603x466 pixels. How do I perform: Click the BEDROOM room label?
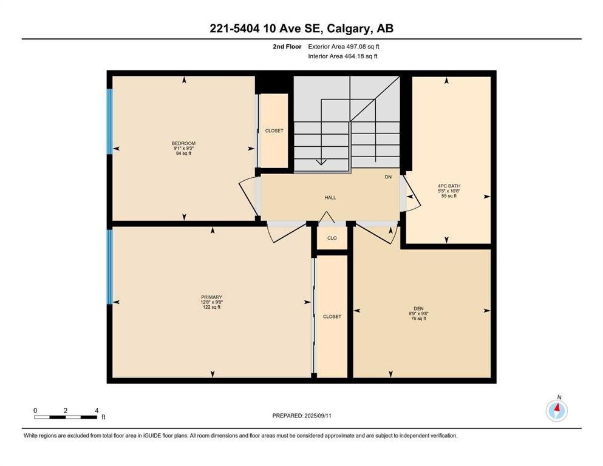(x=183, y=143)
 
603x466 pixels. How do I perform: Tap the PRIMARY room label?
(x=211, y=297)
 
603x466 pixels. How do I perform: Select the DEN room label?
(x=418, y=308)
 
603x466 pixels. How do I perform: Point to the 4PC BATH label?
(x=449, y=186)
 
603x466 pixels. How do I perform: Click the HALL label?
(x=330, y=197)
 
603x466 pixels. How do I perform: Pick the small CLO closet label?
(x=332, y=238)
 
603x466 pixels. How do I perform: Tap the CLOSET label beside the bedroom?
(x=274, y=130)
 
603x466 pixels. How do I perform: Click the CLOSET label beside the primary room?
(x=332, y=317)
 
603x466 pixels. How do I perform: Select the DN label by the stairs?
(x=388, y=177)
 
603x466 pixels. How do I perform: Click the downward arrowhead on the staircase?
(x=321, y=162)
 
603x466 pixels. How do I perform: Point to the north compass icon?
(x=556, y=410)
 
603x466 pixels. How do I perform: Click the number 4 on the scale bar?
(x=97, y=410)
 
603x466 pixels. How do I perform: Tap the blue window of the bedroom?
(x=109, y=121)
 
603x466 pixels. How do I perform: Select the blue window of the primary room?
(x=109, y=266)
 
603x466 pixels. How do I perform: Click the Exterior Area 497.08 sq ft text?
(x=344, y=47)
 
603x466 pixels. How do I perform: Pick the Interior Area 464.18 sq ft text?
(x=342, y=56)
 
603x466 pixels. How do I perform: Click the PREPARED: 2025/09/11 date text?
(x=301, y=416)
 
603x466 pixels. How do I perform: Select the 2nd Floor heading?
(x=287, y=47)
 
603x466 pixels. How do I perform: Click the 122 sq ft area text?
(x=211, y=307)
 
